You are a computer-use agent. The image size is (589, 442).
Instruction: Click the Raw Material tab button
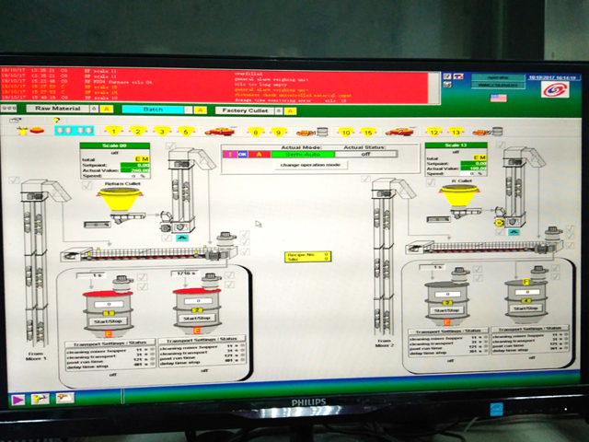coord(58,109)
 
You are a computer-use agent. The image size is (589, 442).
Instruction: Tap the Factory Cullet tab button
coord(247,109)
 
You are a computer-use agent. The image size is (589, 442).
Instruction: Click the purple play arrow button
coord(17,399)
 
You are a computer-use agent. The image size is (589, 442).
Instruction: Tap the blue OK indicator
coord(244,154)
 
